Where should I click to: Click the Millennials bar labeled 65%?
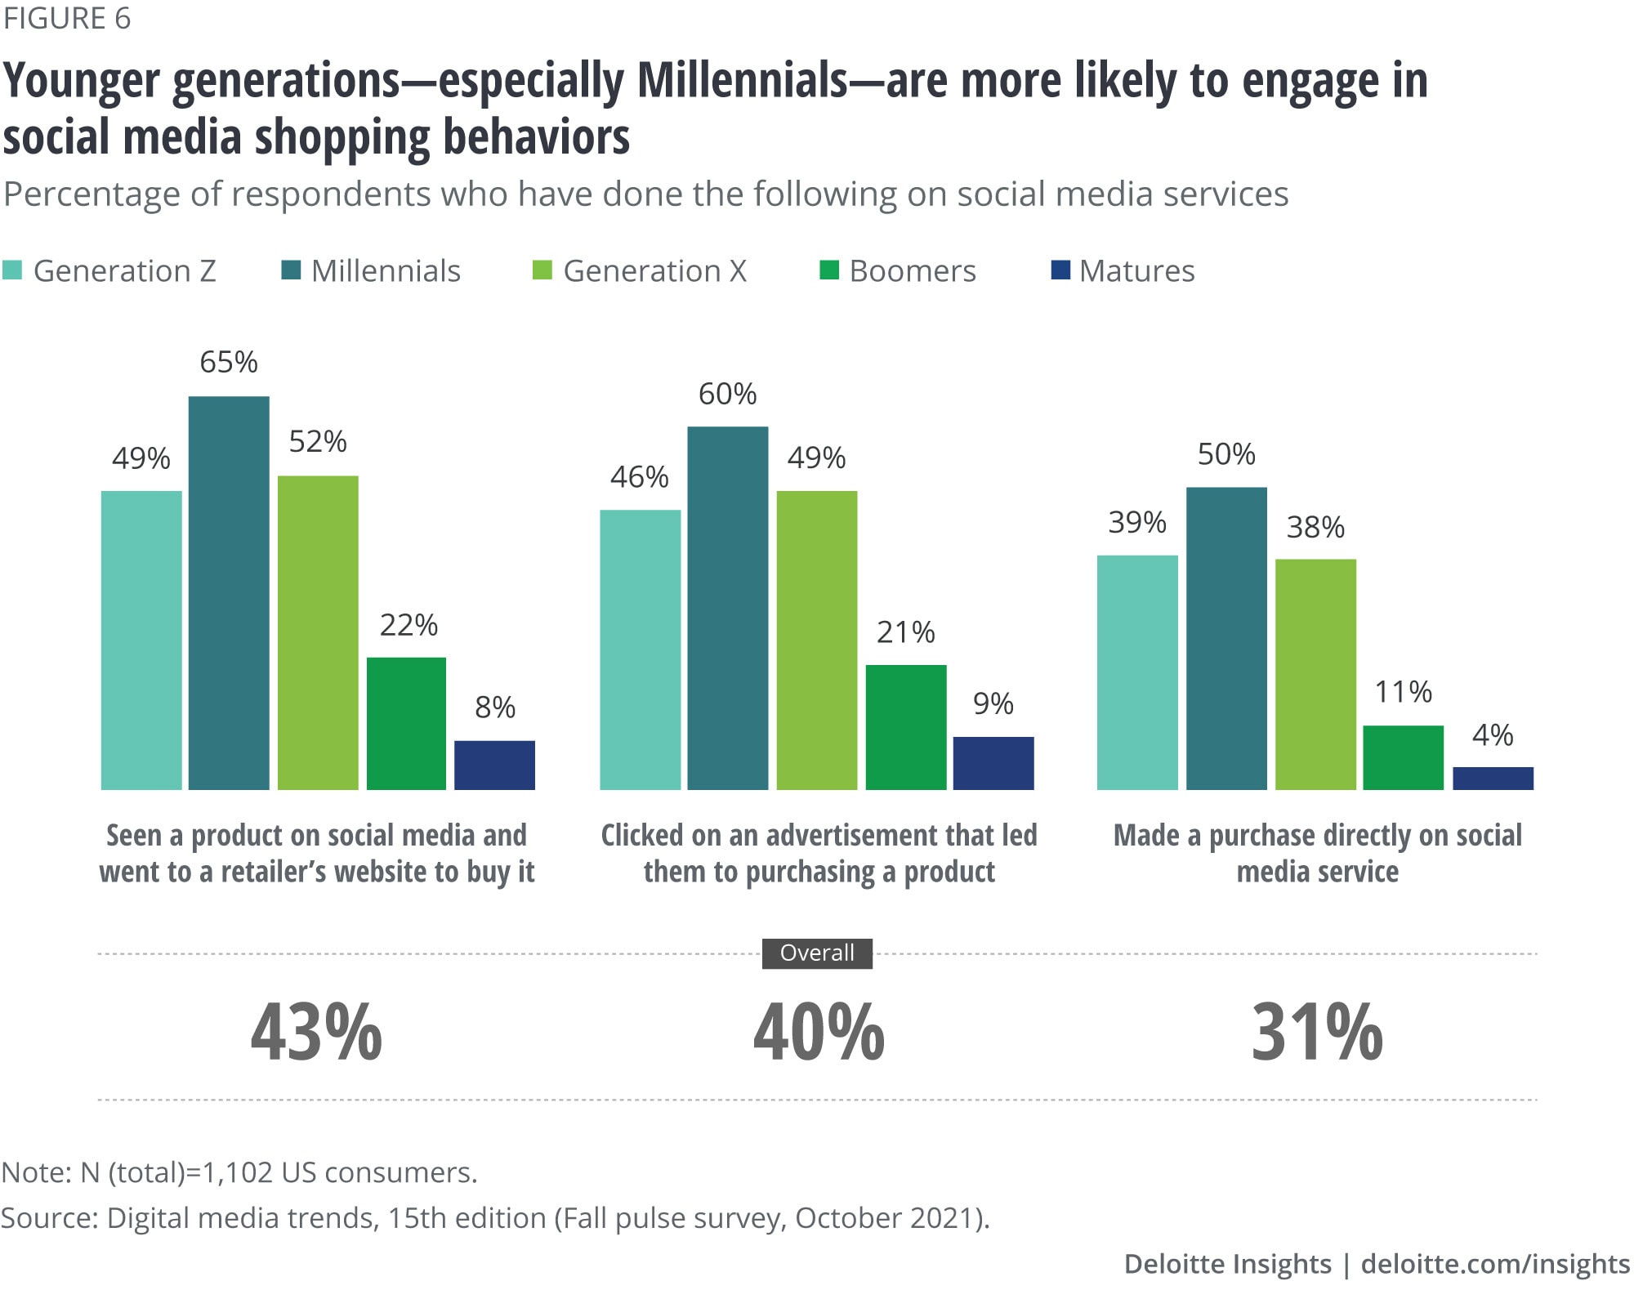coord(229,592)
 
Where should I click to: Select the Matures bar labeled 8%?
coord(494,765)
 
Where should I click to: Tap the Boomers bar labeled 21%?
coord(905,727)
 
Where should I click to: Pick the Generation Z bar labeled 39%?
coord(1137,672)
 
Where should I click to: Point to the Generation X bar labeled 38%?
coord(1315,674)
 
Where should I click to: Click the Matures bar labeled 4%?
coord(1493,778)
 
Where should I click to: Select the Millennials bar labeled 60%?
coord(727,608)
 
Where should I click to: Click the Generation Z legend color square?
coord(12,270)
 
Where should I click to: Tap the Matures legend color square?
coord(1060,270)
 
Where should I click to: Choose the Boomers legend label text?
coord(913,271)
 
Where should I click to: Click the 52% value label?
coord(318,442)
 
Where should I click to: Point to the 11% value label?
coord(1403,693)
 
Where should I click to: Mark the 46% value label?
coord(639,477)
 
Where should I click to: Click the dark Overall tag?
coord(817,953)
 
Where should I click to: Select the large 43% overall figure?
coord(316,1033)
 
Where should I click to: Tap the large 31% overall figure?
coord(1317,1033)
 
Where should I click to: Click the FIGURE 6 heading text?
coord(67,18)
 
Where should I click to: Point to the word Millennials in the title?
coord(743,81)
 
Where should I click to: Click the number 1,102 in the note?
coord(237,1172)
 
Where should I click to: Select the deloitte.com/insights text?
coord(1495,1264)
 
